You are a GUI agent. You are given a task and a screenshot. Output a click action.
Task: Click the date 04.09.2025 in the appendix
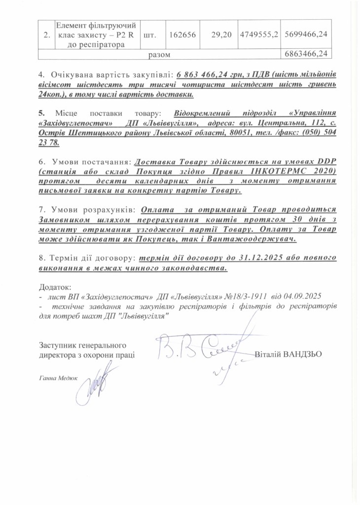point(303,296)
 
